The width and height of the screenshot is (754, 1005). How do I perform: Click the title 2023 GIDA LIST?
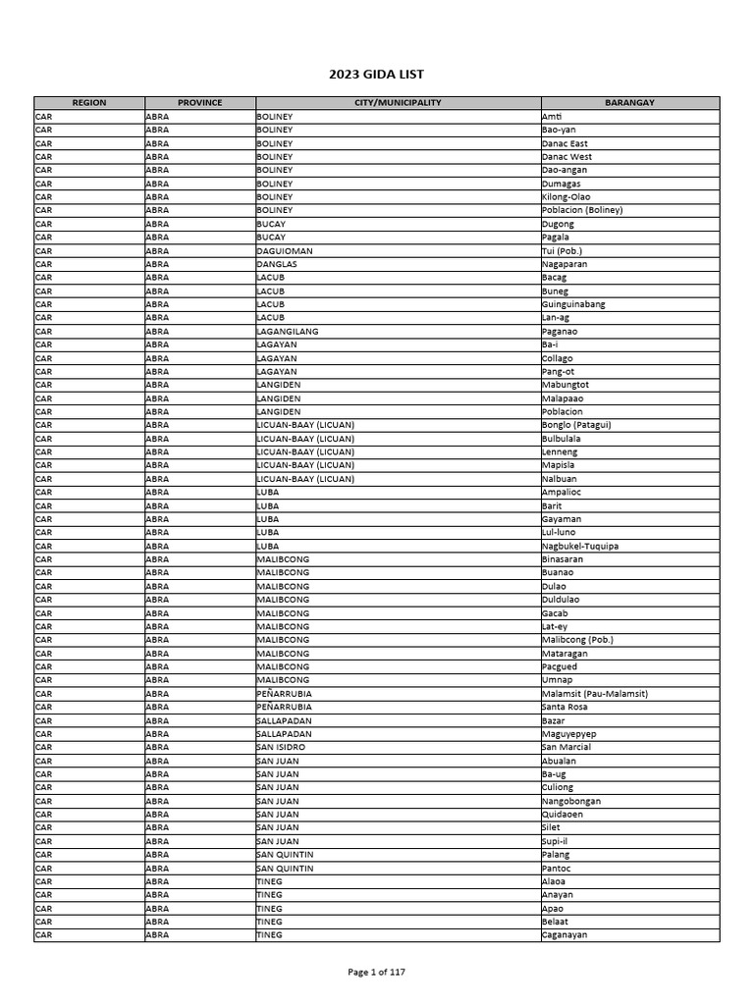coord(376,75)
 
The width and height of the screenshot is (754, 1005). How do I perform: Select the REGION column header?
coord(89,103)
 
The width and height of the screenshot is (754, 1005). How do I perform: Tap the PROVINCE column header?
coord(200,103)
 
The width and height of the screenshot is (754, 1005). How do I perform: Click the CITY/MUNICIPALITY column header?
coord(398,103)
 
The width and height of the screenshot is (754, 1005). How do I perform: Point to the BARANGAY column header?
coord(629,103)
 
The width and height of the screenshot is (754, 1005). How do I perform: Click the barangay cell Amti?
coord(552,117)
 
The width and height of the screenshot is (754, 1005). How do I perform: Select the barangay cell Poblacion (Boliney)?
coord(581,210)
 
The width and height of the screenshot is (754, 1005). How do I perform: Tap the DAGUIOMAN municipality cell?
coord(285,250)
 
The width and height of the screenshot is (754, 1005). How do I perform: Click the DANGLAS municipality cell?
coord(277,264)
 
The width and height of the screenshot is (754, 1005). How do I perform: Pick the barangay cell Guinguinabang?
coord(573,304)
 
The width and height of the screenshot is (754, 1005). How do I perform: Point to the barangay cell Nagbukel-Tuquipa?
coord(580,546)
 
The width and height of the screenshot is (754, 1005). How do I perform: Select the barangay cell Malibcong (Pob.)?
coord(577,640)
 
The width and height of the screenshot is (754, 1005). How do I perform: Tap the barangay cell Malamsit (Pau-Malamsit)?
coord(594,694)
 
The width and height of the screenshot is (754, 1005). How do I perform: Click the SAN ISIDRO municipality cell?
coord(281,747)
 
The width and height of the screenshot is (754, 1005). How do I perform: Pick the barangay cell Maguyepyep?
coord(568,734)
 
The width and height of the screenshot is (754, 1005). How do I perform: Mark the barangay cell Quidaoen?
coord(563,815)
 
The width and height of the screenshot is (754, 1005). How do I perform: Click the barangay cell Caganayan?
coord(564,935)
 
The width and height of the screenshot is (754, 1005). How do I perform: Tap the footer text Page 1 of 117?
coord(376,973)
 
